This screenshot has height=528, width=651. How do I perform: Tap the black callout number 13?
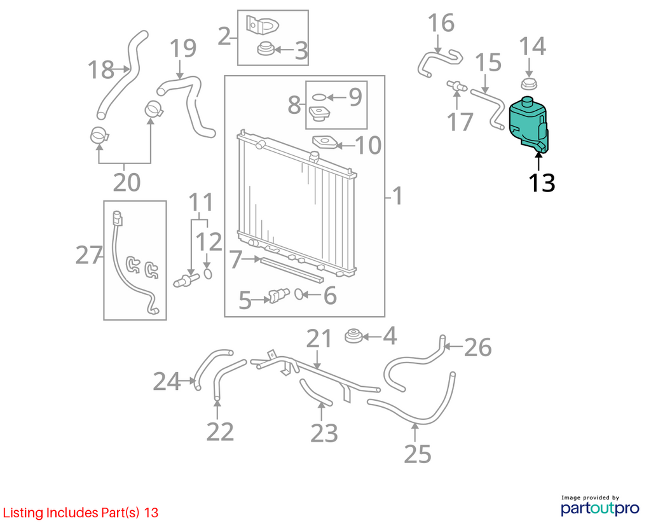pos(542,183)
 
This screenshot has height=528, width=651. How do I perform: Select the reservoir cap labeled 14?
pos(529,83)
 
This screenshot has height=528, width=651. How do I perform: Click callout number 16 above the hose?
pos(441,24)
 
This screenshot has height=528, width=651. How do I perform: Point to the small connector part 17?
pos(456,86)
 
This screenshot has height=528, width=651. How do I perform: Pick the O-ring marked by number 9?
pos(319,97)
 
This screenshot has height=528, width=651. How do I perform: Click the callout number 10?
pos(368,145)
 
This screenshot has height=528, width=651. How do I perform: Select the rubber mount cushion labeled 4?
pos(353,336)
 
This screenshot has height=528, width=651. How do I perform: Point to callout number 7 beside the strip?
pos(235,259)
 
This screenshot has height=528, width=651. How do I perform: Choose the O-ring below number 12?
pos(208,274)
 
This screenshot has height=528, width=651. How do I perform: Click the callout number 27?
pos(89,255)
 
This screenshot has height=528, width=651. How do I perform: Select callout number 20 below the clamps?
pos(127,183)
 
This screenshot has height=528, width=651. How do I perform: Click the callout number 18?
pos(100,69)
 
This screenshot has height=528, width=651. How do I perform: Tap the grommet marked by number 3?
pos(265,49)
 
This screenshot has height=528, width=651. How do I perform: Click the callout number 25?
pos(418,454)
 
